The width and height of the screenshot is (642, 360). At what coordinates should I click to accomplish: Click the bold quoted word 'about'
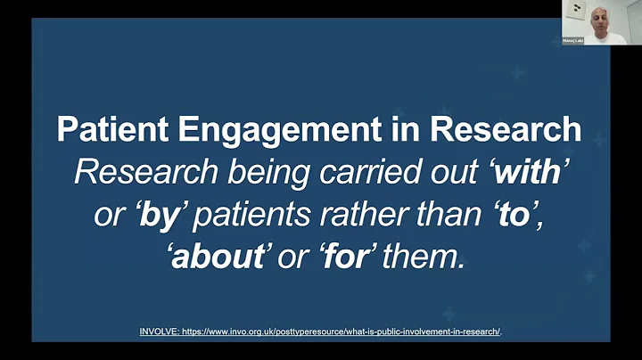(x=213, y=258)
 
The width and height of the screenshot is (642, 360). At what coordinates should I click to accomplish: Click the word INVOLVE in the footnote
(x=158, y=331)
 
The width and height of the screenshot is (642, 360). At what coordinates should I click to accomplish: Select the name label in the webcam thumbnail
(x=572, y=40)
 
